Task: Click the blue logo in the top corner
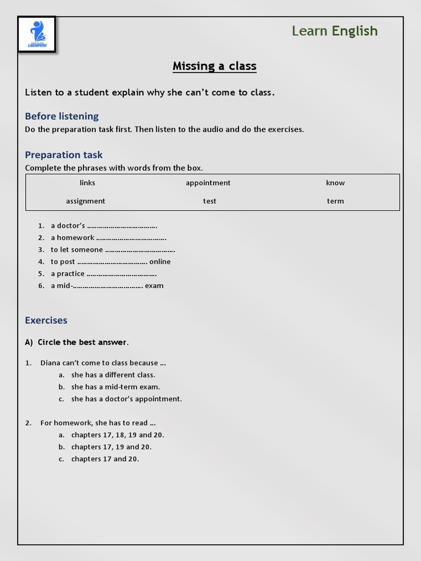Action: click(x=37, y=35)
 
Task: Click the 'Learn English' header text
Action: click(x=334, y=31)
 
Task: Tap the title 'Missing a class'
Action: click(x=214, y=66)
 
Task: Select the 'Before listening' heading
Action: click(x=62, y=116)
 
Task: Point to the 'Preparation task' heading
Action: click(x=64, y=155)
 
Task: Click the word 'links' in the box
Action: click(x=87, y=183)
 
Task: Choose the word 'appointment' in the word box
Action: click(x=208, y=183)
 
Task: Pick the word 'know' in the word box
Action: click(x=335, y=183)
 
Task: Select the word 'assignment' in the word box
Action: click(x=86, y=201)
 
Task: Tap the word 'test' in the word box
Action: click(x=209, y=201)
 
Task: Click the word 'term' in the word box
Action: click(x=335, y=201)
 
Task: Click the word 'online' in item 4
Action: click(x=160, y=262)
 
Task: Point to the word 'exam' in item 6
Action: click(x=154, y=286)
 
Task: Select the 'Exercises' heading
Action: click(x=46, y=320)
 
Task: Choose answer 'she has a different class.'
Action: click(x=113, y=375)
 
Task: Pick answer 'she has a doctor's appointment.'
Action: click(x=126, y=399)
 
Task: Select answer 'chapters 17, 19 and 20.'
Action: click(x=111, y=447)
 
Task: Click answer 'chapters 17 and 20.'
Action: click(x=105, y=459)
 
